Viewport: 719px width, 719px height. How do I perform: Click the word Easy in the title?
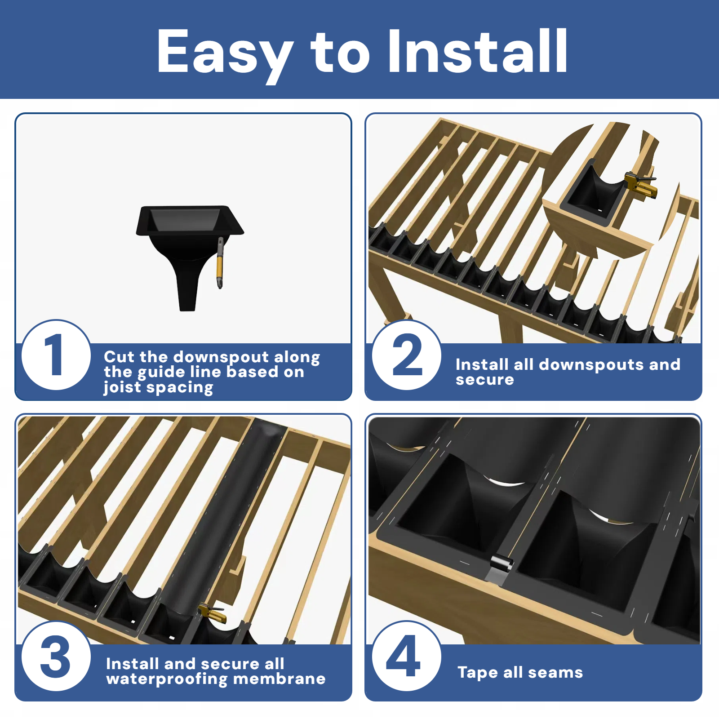[x=225, y=52]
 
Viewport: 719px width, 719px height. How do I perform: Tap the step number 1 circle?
[x=56, y=355]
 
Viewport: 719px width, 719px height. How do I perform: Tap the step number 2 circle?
[x=407, y=355]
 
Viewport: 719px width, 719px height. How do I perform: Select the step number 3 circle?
[x=56, y=657]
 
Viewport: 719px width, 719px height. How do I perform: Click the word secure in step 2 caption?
[x=484, y=380]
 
